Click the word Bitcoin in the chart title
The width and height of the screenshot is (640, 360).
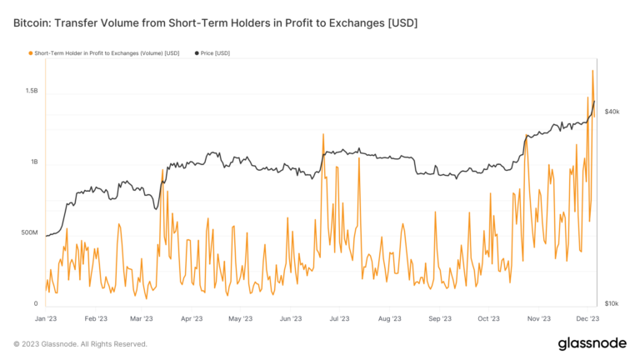32,22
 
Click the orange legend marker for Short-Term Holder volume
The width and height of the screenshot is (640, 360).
31,53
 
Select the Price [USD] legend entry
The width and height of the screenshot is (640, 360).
215,53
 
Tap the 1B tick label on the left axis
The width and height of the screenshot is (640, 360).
34,162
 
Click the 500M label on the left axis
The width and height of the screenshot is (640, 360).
29,232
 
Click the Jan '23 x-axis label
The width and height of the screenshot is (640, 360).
46,318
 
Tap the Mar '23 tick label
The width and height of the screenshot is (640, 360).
142,318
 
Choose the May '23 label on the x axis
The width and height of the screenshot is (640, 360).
240,318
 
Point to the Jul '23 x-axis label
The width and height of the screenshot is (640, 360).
339,318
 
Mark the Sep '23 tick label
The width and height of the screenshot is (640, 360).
439,318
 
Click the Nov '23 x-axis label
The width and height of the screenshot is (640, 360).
538,318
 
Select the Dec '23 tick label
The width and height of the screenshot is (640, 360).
587,318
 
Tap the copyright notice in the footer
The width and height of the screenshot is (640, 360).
80,343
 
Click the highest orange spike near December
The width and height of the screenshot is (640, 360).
592,72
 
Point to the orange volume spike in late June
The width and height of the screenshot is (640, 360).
321,134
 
